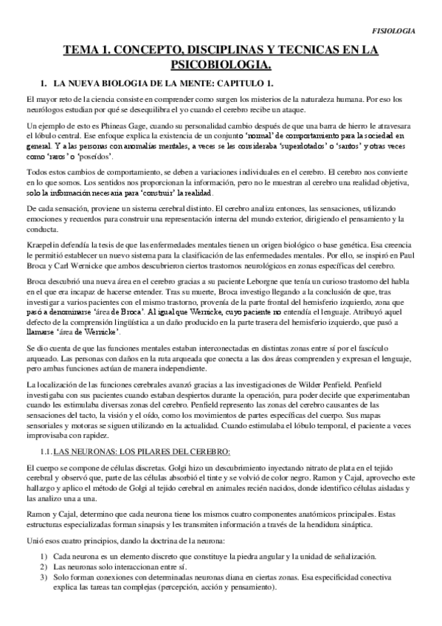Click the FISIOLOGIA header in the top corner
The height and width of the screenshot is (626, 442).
tap(393, 32)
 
